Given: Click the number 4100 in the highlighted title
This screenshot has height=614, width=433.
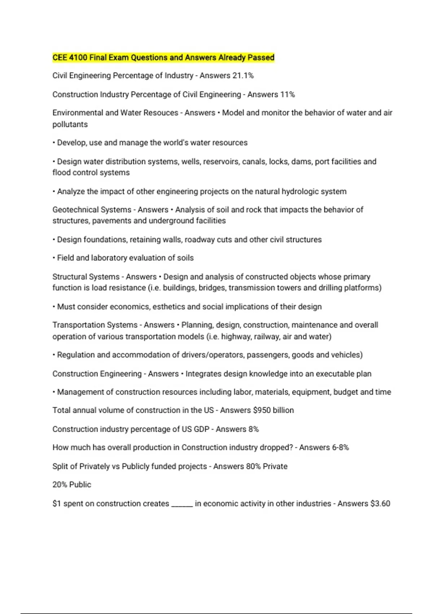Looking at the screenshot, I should pos(78,58).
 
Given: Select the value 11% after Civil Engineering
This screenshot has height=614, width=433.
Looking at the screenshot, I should pos(287,95).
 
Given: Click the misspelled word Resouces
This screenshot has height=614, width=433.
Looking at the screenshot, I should pos(161,113).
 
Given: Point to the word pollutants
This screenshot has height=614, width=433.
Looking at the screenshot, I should pos(70,125).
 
